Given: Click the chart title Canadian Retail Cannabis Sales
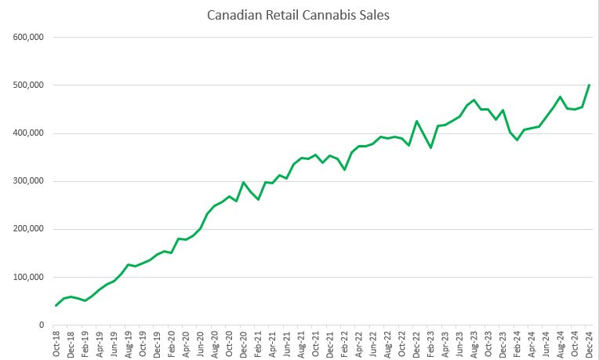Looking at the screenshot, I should (x=299, y=15).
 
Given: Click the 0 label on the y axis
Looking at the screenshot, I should (x=41, y=325).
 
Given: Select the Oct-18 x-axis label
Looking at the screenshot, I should (x=56, y=344).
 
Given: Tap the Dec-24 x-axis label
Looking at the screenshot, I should (x=589, y=344).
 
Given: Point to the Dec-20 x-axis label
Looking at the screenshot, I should (x=244, y=344).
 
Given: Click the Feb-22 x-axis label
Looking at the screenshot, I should (x=344, y=344).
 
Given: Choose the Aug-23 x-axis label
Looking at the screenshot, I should (x=474, y=344).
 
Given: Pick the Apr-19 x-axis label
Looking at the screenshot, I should (x=100, y=344).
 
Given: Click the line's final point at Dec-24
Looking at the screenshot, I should (x=589, y=85).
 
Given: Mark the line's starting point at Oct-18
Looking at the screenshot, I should (x=56, y=305).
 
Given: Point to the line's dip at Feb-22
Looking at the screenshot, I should (x=344, y=169).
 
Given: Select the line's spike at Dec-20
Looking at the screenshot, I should (x=244, y=182).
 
